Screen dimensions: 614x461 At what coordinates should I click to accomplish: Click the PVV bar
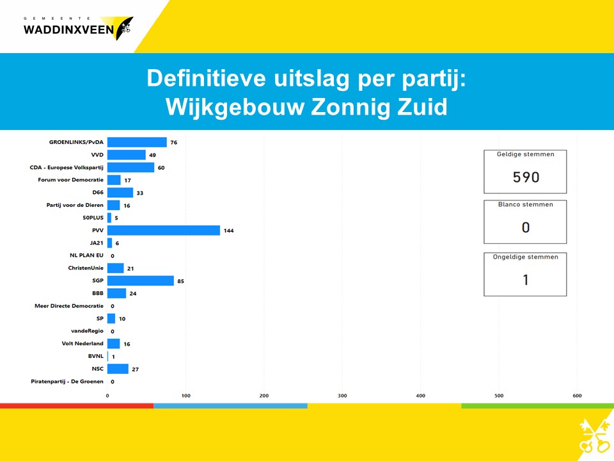[164, 230]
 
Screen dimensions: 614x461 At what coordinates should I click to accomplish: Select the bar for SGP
[141, 280]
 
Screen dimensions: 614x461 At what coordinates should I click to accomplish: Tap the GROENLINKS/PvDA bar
[137, 142]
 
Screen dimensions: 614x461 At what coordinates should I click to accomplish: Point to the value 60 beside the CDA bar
[161, 168]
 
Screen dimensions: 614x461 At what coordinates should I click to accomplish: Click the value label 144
[229, 230]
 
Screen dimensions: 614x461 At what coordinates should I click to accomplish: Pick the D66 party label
[98, 193]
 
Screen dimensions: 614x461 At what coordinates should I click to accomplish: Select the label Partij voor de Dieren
[75, 205]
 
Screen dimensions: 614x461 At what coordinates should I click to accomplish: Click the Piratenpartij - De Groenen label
[67, 382]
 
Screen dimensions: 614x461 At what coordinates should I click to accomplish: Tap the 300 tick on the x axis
[342, 396]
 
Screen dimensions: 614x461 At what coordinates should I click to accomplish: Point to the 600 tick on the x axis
[577, 396]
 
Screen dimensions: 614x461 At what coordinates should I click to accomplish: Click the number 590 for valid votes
[526, 177]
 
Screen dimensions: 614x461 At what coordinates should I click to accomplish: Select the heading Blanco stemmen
[526, 204]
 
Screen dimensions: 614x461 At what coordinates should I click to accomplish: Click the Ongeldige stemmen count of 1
[526, 280]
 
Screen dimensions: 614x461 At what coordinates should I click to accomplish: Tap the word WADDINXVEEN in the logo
[68, 30]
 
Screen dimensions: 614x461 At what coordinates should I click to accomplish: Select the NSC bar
[118, 369]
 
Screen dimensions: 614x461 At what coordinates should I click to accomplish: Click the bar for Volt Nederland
[114, 344]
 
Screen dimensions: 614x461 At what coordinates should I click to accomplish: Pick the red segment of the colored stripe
[77, 406]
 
